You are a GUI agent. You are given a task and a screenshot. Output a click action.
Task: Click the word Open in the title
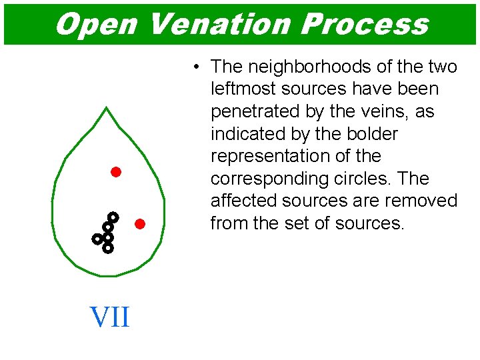pos(95,25)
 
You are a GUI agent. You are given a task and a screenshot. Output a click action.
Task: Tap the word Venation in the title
pos(218,25)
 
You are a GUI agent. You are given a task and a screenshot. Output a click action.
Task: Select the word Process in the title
pos(364,25)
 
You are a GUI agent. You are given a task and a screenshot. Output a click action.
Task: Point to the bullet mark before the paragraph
pos(197,67)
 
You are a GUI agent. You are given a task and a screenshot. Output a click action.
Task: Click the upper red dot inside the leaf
pos(115,172)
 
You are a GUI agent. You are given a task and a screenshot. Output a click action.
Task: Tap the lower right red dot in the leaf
pos(140,223)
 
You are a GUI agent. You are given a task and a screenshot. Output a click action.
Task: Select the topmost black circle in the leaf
pos(113,217)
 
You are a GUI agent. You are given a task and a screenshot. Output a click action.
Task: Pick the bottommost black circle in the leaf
pos(107,248)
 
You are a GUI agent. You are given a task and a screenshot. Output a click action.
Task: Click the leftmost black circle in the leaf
pos(97,238)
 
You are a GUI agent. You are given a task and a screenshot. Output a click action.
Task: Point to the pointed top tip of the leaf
pos(107,107)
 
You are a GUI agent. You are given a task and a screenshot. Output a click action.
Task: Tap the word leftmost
pos(242,89)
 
